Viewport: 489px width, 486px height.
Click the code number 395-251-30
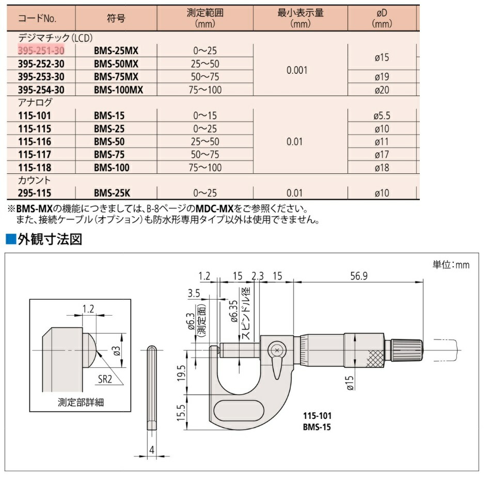point(41,51)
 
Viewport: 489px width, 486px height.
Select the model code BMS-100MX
point(119,90)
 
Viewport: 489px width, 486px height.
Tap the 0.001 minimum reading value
point(297,70)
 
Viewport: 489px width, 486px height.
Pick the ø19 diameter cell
point(382,77)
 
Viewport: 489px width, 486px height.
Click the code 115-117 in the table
point(35,154)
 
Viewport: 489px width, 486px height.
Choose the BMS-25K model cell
point(112,193)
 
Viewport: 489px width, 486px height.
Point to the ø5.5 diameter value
point(382,116)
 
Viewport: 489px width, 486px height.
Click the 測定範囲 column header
point(205,13)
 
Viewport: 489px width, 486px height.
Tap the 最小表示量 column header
point(301,13)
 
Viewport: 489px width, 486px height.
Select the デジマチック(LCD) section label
point(55,38)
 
